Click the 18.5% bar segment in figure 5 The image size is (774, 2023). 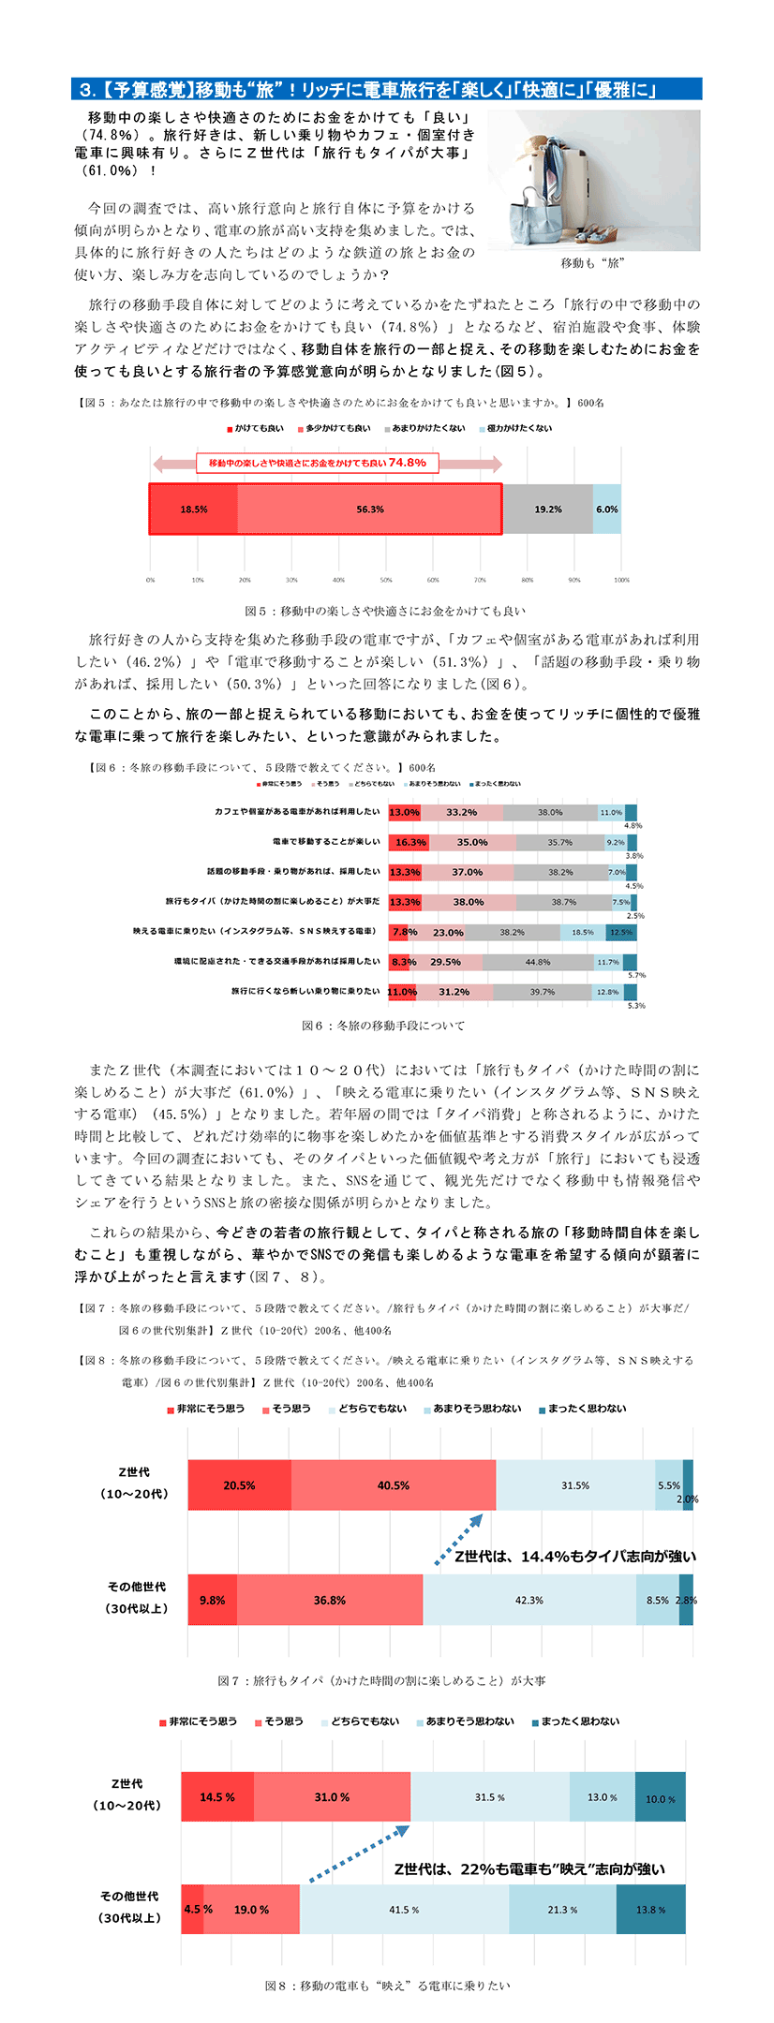[193, 509]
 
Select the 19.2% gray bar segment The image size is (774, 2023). [547, 509]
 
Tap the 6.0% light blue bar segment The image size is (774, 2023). [606, 509]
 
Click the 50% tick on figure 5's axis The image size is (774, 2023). [386, 580]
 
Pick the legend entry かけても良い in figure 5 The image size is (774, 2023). [255, 428]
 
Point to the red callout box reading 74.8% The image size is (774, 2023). [317, 463]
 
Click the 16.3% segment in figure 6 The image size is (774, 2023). [409, 842]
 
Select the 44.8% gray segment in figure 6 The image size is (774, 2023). [537, 962]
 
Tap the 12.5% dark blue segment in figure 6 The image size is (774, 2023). [620, 932]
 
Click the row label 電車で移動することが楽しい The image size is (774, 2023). [326, 842]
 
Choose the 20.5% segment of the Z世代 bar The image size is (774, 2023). [239, 1485]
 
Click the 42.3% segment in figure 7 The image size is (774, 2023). [528, 1601]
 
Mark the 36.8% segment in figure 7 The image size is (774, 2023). [329, 1601]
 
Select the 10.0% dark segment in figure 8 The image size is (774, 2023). [660, 1798]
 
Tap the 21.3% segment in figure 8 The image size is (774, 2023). [562, 1910]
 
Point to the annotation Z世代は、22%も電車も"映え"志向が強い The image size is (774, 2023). [529, 1868]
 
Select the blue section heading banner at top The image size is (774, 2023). [386, 90]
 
